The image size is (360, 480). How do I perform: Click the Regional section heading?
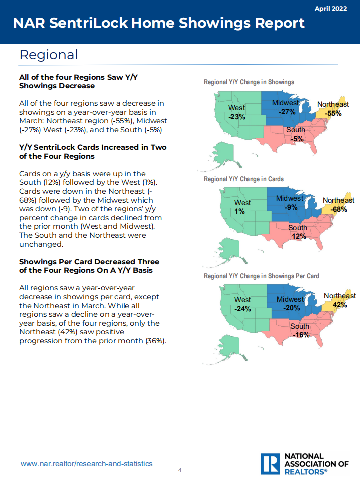pyautogui.click(x=49, y=54)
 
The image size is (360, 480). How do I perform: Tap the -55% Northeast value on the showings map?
pyautogui.click(x=333, y=113)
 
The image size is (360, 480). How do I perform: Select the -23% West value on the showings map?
pyautogui.click(x=236, y=117)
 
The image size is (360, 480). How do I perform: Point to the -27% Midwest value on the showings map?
pyautogui.click(x=287, y=112)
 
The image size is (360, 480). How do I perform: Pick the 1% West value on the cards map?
pyautogui.click(x=241, y=211)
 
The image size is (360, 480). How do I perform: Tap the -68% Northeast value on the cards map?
pyautogui.click(x=338, y=209)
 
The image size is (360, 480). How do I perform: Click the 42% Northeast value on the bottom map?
pyautogui.click(x=339, y=305)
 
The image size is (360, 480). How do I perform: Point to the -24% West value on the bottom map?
pyautogui.click(x=243, y=309)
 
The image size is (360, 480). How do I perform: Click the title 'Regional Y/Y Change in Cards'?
pyautogui.click(x=243, y=179)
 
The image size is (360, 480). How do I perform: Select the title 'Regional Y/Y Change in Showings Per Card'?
pyautogui.click(x=261, y=276)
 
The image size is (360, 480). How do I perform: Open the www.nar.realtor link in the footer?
pyautogui.click(x=86, y=464)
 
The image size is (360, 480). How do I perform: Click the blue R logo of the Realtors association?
pyautogui.click(x=270, y=464)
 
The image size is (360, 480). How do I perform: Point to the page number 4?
pyautogui.click(x=180, y=470)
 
